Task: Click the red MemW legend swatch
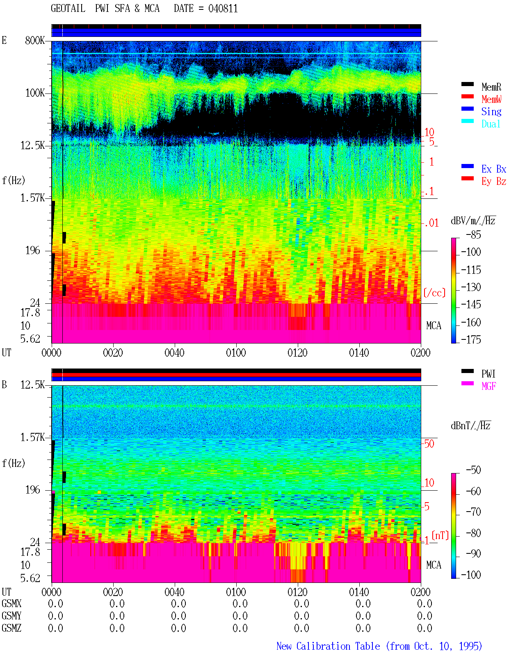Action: [x=467, y=96]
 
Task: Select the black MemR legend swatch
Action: [x=467, y=84]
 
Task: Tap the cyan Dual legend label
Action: [x=491, y=124]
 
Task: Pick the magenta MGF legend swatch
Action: [x=467, y=383]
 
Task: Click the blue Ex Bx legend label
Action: [x=494, y=169]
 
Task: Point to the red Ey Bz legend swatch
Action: [x=467, y=178]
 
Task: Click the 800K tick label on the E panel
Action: [x=35, y=40]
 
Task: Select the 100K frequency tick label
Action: [x=35, y=93]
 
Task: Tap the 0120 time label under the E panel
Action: [x=297, y=353]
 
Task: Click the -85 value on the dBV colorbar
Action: [x=473, y=234]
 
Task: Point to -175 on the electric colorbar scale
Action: [x=471, y=339]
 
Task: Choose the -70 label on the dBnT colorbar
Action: [x=473, y=512]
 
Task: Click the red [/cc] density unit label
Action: [x=434, y=293]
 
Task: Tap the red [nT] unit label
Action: [x=440, y=535]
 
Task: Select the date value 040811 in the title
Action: [x=223, y=9]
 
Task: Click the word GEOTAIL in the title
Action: [x=68, y=9]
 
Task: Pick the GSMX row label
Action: [x=11, y=603]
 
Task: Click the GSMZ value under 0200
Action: [x=425, y=628]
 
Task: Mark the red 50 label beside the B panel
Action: [x=429, y=444]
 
